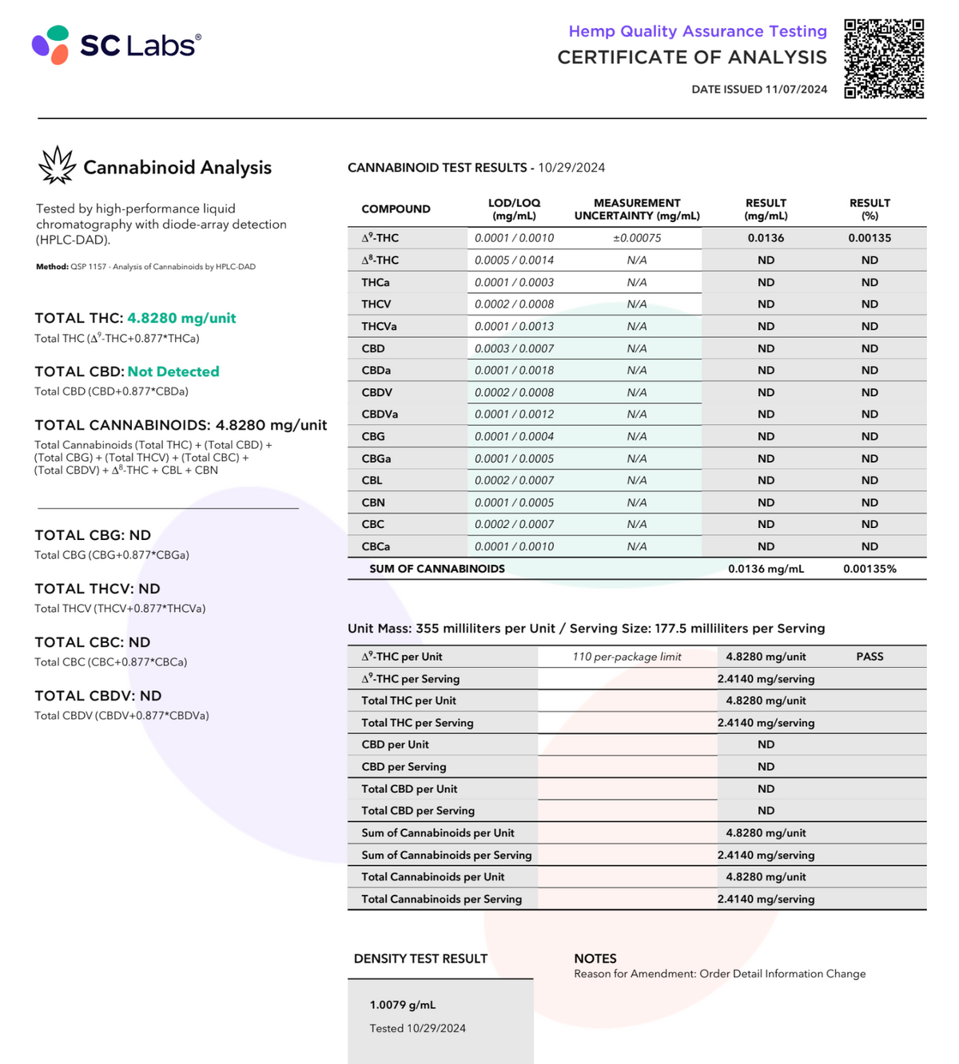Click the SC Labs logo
[x=117, y=45]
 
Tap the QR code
[x=884, y=59]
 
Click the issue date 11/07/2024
[x=796, y=89]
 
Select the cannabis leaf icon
[x=57, y=165]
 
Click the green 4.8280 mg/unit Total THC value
[x=181, y=318]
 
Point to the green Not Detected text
[x=173, y=371]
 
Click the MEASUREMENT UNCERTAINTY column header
[x=637, y=209]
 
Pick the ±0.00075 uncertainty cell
[x=637, y=238]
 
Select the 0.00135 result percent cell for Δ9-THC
[x=869, y=238]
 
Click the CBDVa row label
[x=380, y=415]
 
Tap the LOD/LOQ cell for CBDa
[x=514, y=371]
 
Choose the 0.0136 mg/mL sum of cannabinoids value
[x=766, y=569]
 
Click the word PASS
[x=869, y=657]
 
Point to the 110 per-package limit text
[x=627, y=657]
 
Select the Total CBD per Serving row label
[x=418, y=811]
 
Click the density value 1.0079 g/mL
[x=403, y=1005]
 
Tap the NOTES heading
[x=595, y=959]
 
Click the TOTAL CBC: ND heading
[x=93, y=642]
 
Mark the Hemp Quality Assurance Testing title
[x=698, y=31]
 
